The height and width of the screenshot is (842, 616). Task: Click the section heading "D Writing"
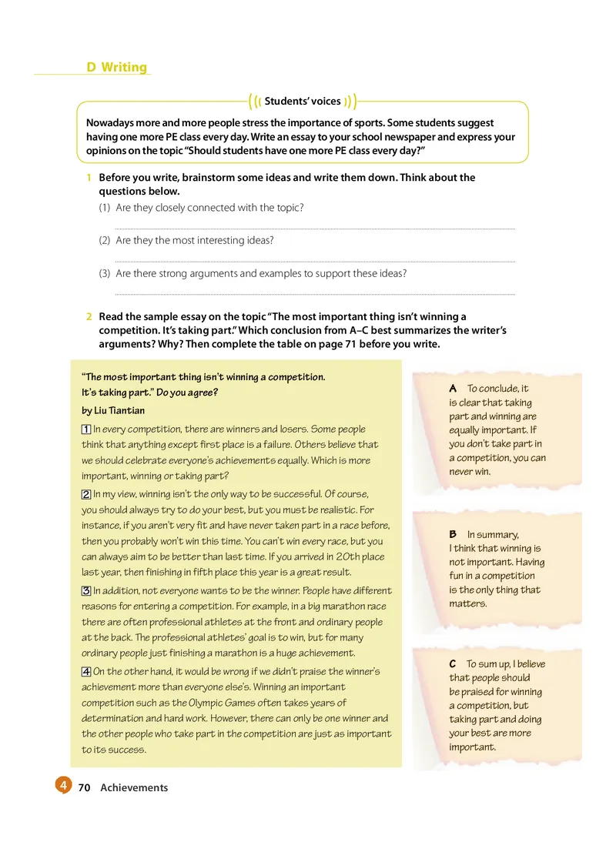(116, 67)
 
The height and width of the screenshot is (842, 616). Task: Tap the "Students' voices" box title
(303, 101)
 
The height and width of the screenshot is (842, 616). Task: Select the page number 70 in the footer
(85, 787)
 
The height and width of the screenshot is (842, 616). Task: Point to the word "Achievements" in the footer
(134, 787)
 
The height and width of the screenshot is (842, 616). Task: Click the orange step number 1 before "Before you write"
(89, 178)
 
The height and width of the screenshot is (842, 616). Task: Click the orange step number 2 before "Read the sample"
(89, 316)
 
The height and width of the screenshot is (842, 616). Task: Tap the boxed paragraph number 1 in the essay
(86, 429)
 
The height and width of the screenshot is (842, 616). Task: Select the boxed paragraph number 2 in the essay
(86, 493)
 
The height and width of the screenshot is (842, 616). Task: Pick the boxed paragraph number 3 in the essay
(86, 590)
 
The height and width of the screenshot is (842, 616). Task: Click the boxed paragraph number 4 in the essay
(86, 671)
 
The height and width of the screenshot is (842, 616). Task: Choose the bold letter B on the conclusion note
(453, 534)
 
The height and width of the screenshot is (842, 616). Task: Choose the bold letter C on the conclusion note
(453, 663)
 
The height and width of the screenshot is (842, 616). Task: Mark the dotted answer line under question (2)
(314, 262)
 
